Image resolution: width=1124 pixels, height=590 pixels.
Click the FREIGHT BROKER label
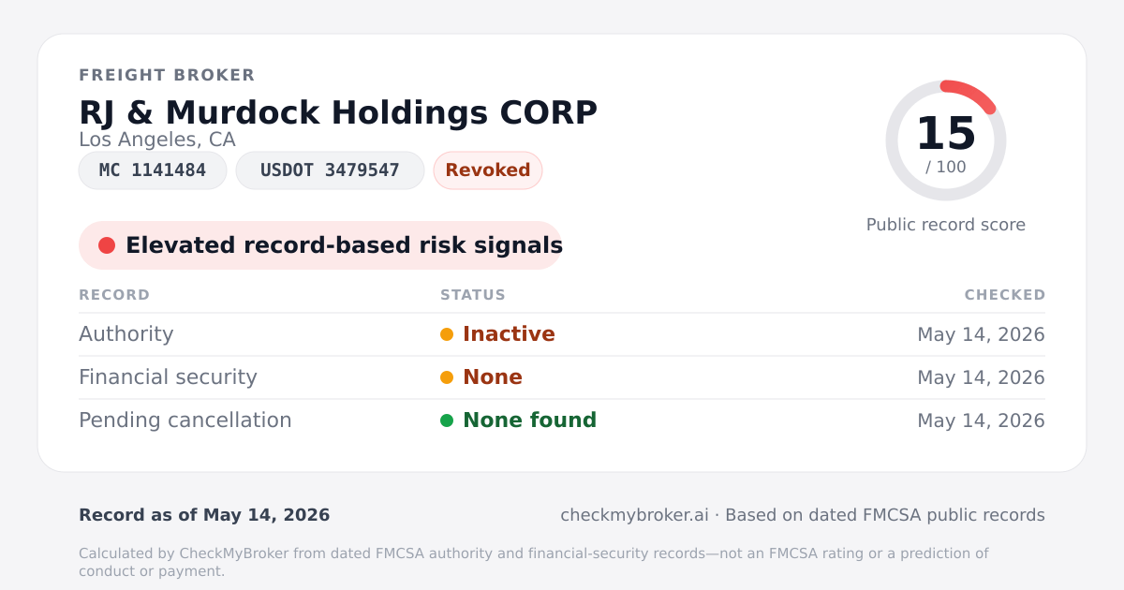pyautogui.click(x=167, y=75)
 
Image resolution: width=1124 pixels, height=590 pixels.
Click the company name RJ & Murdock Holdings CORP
pyautogui.click(x=338, y=112)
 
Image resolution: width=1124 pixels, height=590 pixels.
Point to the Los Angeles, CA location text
pyautogui.click(x=157, y=140)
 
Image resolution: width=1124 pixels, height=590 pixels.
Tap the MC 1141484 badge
pyautogui.click(x=153, y=170)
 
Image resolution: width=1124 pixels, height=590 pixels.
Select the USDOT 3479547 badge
pyautogui.click(x=330, y=170)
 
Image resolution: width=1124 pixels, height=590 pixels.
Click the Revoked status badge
pyautogui.click(x=488, y=170)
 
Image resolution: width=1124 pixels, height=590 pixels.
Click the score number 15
pyautogui.click(x=946, y=133)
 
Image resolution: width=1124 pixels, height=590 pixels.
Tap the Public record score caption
pyautogui.click(x=946, y=225)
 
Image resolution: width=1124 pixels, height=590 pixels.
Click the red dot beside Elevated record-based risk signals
pyautogui.click(x=107, y=245)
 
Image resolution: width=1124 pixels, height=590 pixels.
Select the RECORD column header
pyautogui.click(x=114, y=295)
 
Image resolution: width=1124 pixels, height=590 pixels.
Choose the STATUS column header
pyautogui.click(x=473, y=295)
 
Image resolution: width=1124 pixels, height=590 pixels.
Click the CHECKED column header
pyautogui.click(x=1005, y=295)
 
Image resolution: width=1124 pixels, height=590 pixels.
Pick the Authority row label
pyautogui.click(x=126, y=334)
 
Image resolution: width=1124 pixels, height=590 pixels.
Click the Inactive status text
pyautogui.click(x=509, y=334)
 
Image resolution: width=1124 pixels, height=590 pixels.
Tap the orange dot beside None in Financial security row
pyautogui.click(x=447, y=377)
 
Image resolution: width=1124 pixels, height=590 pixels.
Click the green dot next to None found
pyautogui.click(x=447, y=420)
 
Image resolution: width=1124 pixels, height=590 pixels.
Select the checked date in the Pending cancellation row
pyautogui.click(x=981, y=420)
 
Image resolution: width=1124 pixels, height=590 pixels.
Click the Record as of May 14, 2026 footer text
pyautogui.click(x=204, y=515)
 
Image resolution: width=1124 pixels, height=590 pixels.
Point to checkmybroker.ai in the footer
pyautogui.click(x=635, y=515)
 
